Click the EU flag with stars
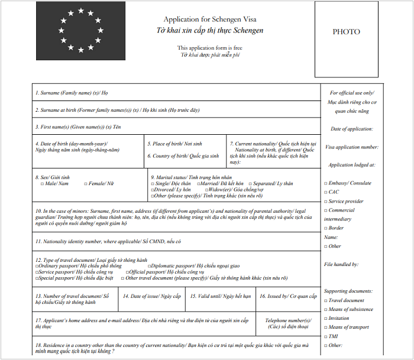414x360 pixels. click(x=80, y=30)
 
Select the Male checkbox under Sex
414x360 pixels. click(x=42, y=184)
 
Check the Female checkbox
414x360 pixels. click(x=86, y=184)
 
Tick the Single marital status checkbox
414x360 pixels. click(x=153, y=184)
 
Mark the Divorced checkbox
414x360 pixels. click(x=153, y=190)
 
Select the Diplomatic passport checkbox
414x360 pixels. click(x=144, y=266)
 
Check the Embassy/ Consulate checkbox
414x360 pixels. click(x=326, y=183)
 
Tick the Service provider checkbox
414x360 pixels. click(x=326, y=202)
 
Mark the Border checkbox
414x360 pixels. click(x=326, y=228)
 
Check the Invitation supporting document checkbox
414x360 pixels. click(x=326, y=318)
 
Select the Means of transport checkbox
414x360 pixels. click(x=326, y=327)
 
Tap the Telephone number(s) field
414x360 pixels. click(x=288, y=323)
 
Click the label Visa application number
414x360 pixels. click(x=352, y=147)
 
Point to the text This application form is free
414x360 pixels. click(x=209, y=48)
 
